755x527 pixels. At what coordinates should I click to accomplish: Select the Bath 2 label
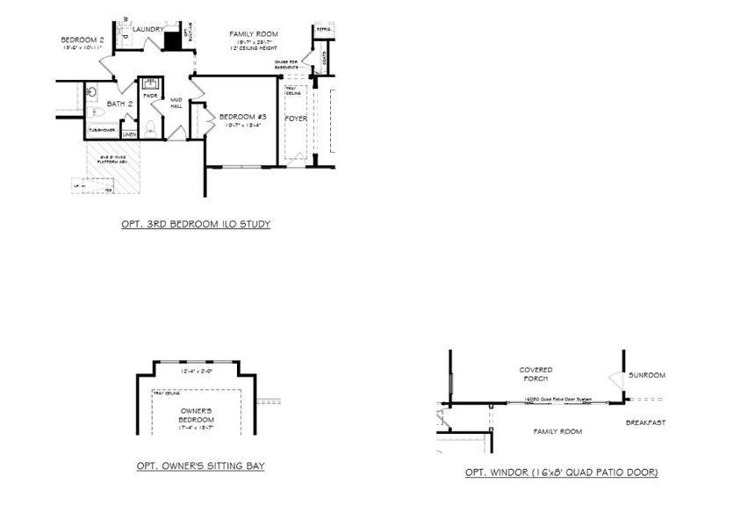pyautogui.click(x=119, y=105)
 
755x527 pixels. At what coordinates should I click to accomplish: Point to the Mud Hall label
pyautogui.click(x=176, y=104)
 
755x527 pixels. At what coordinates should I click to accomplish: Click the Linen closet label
pyautogui.click(x=129, y=134)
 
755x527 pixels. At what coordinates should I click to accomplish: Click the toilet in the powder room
pyautogui.click(x=150, y=129)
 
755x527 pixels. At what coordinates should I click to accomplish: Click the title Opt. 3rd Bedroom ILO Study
pyautogui.click(x=196, y=224)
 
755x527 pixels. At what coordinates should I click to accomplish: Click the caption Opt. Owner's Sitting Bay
pyautogui.click(x=200, y=466)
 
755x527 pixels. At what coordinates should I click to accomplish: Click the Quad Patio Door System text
pyautogui.click(x=554, y=399)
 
